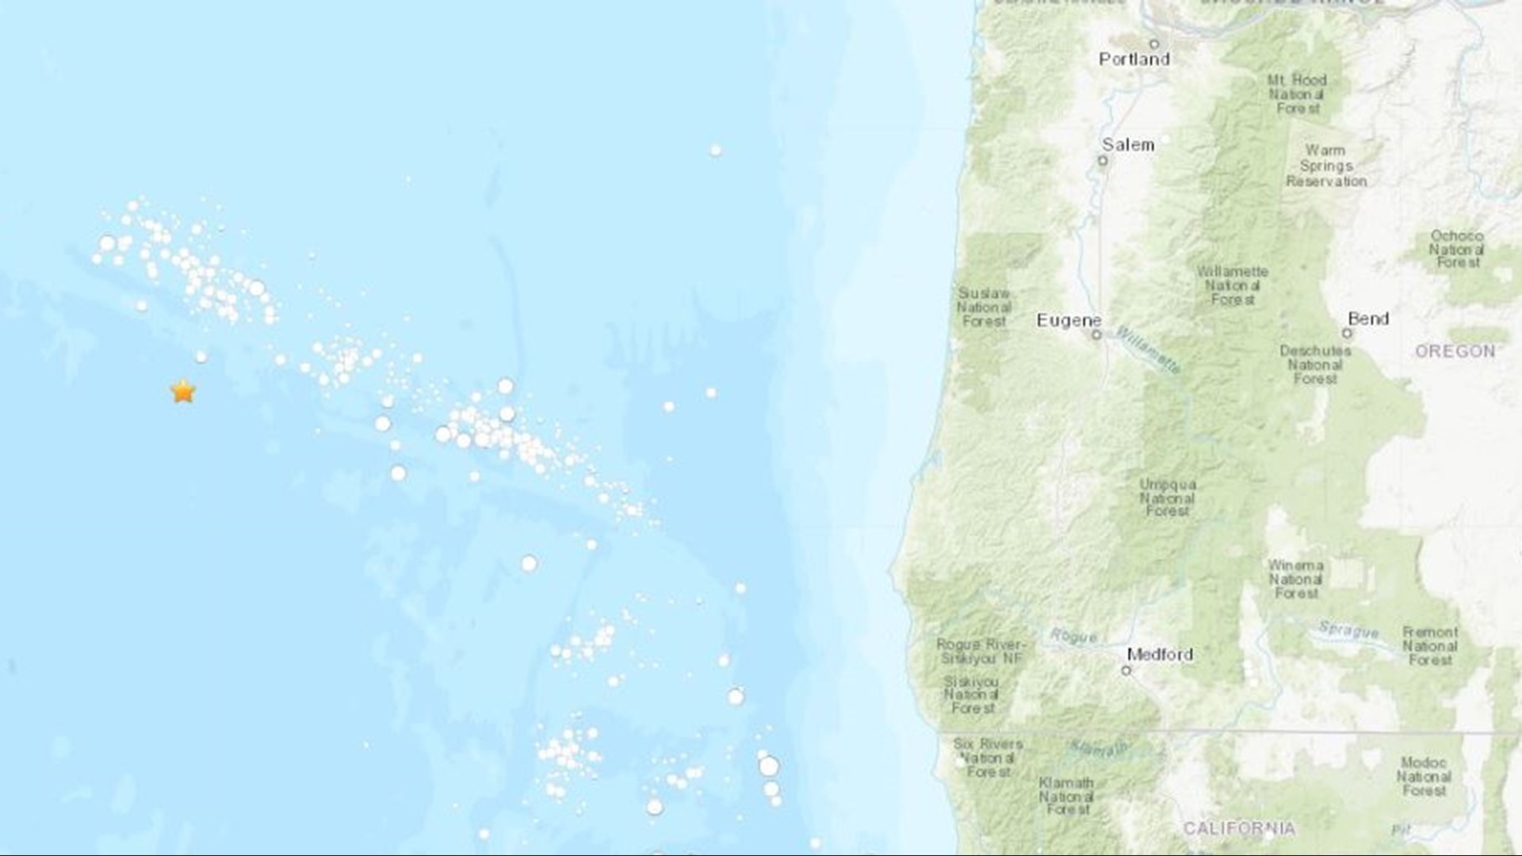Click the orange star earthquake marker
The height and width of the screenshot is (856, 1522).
183,391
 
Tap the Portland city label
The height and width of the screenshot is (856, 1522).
1134,59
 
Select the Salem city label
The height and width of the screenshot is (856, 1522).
1127,145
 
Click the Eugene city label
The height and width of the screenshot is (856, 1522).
1069,320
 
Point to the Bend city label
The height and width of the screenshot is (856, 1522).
1368,319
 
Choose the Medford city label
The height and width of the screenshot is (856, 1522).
1160,655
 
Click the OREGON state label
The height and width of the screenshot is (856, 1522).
1455,351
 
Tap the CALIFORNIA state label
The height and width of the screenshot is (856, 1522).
1239,828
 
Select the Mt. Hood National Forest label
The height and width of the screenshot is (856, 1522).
1297,94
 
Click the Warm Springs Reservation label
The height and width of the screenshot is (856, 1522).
1326,166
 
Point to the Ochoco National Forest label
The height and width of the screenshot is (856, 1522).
1456,249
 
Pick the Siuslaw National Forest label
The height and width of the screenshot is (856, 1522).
984,307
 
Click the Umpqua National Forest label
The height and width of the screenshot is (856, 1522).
1168,498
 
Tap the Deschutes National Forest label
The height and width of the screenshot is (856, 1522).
1315,365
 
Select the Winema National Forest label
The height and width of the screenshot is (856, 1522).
1295,579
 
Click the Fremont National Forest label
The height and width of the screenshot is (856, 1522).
1430,645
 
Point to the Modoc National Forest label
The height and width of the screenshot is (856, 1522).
1424,777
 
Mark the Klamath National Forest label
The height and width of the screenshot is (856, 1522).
1066,796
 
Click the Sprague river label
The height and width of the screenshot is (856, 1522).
1348,630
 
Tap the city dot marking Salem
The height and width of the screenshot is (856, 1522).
1102,161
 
